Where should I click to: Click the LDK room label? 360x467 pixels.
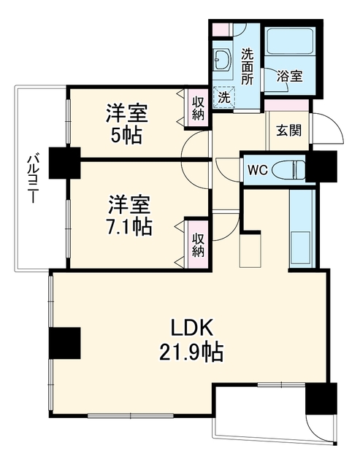click(192, 328)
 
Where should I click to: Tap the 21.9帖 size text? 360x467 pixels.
click(191, 352)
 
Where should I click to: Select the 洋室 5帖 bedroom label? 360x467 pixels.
click(126, 124)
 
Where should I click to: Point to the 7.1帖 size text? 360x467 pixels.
click(129, 226)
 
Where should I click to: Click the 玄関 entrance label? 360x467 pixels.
click(288, 130)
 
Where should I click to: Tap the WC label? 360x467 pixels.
click(258, 170)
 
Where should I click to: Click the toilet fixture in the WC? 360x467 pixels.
click(291, 170)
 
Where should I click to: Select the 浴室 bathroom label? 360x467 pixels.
click(290, 76)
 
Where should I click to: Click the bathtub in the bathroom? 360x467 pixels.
click(290, 41)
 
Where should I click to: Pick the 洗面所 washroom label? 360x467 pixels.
click(248, 66)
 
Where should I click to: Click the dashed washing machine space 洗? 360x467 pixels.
click(223, 97)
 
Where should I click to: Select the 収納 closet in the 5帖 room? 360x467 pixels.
click(198, 109)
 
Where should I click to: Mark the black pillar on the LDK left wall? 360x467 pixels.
click(65, 343)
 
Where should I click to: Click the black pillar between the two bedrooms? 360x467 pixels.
click(65, 163)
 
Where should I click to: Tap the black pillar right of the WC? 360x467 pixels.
click(321, 166)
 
